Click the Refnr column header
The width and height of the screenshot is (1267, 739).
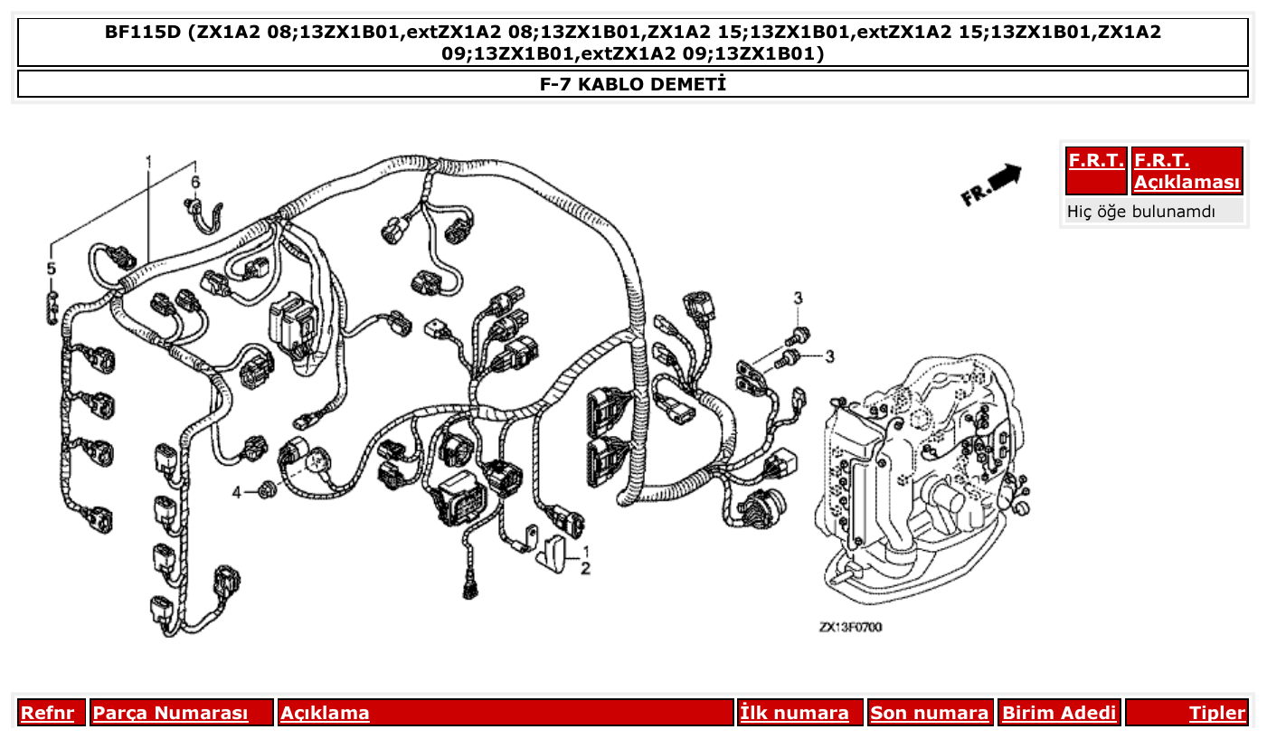47,713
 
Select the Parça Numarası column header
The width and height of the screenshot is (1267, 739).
170,713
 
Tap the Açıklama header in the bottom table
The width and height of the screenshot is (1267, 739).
325,713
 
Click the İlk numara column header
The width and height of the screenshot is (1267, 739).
795,713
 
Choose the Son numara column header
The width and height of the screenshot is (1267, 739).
929,713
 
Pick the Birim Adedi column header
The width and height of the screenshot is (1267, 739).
1059,713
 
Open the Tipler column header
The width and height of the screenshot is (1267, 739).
1216,713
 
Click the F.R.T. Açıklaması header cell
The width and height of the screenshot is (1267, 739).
1187,171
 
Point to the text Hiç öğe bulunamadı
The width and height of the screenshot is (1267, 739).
1141,213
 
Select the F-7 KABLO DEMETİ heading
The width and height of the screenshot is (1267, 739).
633,85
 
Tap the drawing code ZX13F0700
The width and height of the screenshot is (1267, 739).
850,627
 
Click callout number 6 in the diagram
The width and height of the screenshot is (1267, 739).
194,182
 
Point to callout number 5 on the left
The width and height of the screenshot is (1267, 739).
52,269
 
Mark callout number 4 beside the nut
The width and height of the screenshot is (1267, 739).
237,493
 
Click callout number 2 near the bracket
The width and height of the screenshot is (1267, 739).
585,569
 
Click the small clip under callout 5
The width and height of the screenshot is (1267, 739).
52,306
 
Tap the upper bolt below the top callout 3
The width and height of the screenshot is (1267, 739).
799,334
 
